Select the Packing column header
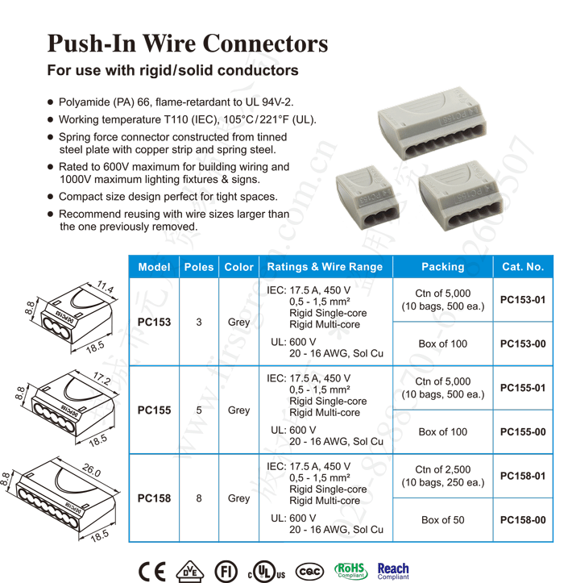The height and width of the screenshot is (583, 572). pyautogui.click(x=442, y=267)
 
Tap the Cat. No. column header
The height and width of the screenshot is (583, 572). pyautogui.click(x=523, y=267)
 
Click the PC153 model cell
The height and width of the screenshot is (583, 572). pyautogui.click(x=154, y=322)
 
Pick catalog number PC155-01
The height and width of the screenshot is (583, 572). pyautogui.click(x=523, y=388)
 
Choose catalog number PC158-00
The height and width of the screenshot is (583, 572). pyautogui.click(x=523, y=520)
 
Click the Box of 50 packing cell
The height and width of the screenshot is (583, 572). pyautogui.click(x=442, y=520)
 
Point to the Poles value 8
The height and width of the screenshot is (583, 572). pyautogui.click(x=199, y=498)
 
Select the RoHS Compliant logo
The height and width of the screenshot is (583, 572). pyautogui.click(x=350, y=570)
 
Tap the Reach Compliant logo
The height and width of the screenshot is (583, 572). pyautogui.click(x=393, y=570)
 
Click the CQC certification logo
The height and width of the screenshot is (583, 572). pyautogui.click(x=310, y=570)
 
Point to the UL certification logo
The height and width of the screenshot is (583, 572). pyautogui.click(x=266, y=571)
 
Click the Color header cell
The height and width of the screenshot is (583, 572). pyautogui.click(x=238, y=267)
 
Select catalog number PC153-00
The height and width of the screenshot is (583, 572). pyautogui.click(x=523, y=344)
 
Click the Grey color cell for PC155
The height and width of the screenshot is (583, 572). pyautogui.click(x=238, y=410)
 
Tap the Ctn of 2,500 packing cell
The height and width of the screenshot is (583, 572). pyautogui.click(x=442, y=476)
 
